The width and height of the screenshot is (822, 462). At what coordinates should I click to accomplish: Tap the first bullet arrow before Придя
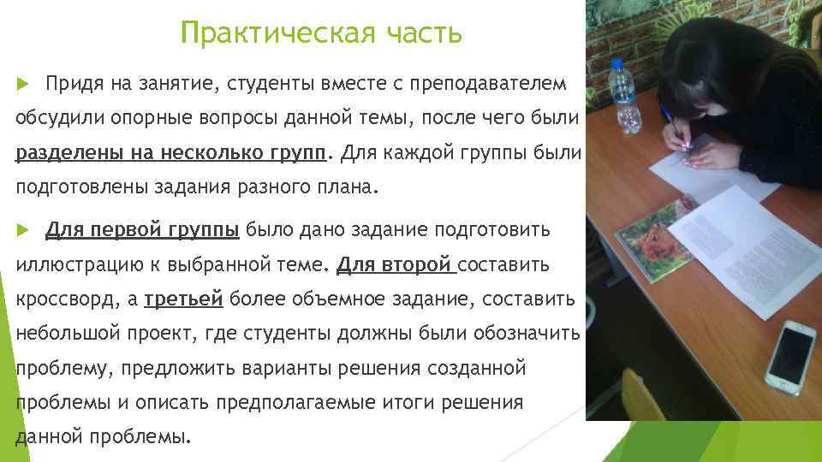(23, 85)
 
